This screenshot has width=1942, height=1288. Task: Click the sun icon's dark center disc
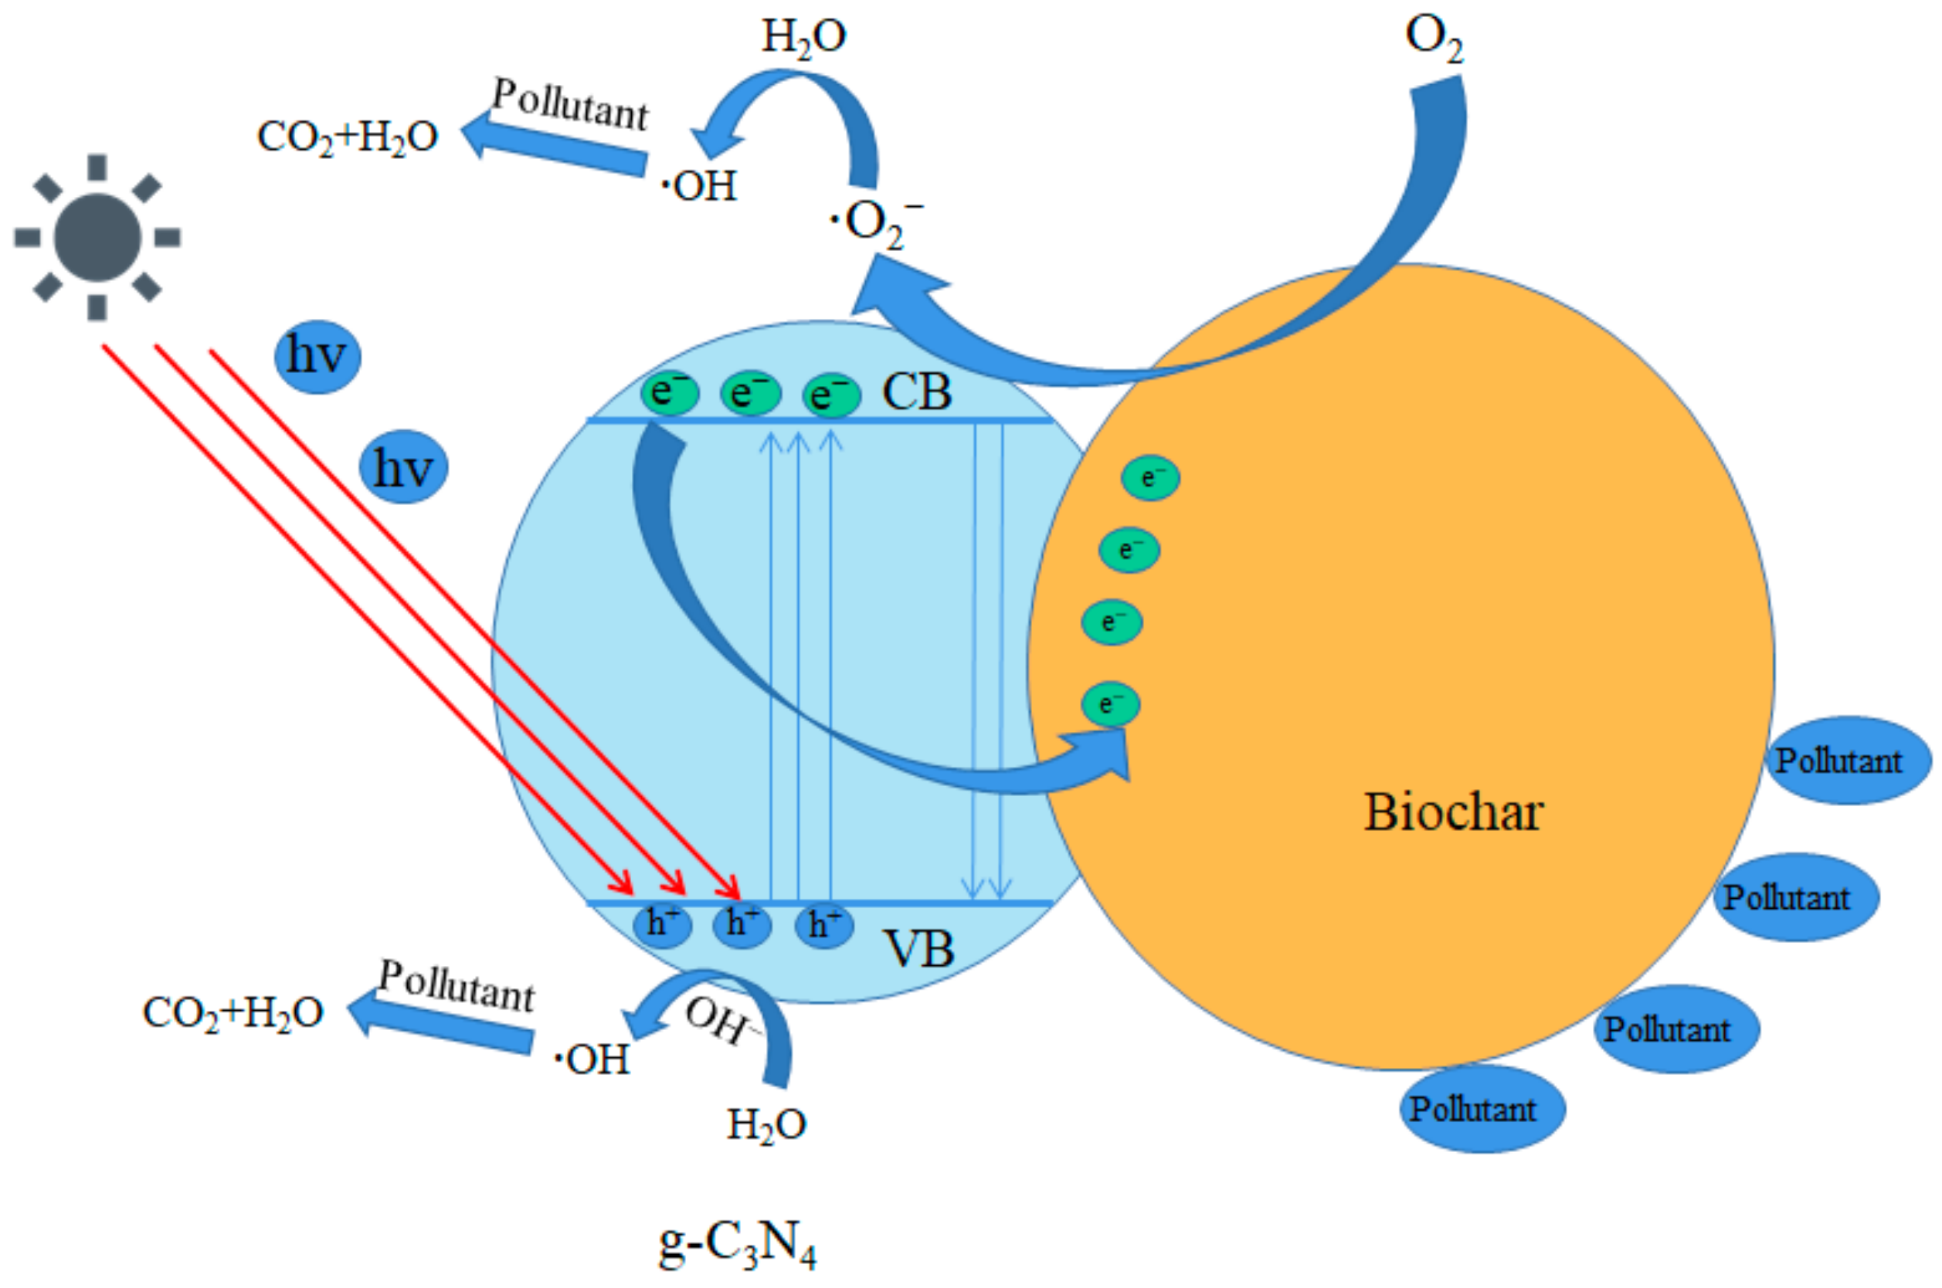(x=97, y=237)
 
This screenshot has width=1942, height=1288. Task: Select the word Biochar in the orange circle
(x=1453, y=812)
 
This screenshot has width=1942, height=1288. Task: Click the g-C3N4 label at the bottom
(x=737, y=1244)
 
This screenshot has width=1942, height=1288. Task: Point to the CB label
(x=917, y=391)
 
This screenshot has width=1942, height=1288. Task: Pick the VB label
(x=918, y=949)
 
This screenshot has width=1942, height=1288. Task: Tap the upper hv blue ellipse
(x=317, y=357)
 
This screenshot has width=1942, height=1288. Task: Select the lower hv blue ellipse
(x=403, y=466)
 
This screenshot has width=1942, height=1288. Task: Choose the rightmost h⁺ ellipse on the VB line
(x=824, y=925)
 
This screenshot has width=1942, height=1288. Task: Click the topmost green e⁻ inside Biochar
(x=1150, y=478)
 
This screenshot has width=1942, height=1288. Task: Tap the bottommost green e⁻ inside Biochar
(x=1110, y=704)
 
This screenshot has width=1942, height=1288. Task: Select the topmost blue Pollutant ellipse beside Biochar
(x=1847, y=761)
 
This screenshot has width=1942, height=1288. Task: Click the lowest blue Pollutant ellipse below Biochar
(x=1482, y=1109)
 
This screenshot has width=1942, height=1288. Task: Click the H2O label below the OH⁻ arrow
(x=766, y=1124)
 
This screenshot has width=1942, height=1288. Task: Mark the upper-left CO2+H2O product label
(x=348, y=137)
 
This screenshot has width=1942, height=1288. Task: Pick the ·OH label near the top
(x=699, y=186)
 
